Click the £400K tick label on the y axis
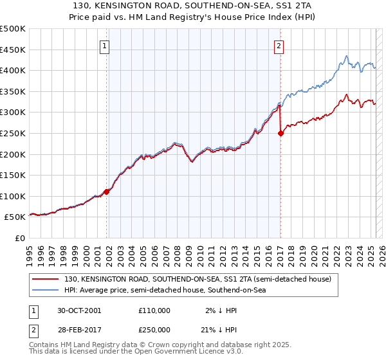(13, 70)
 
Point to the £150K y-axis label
(13, 175)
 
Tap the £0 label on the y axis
(20, 238)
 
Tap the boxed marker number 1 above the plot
(105, 46)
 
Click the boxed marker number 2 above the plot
(279, 46)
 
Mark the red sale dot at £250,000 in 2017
(280, 134)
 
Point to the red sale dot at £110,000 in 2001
(107, 192)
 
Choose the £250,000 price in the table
(154, 329)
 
